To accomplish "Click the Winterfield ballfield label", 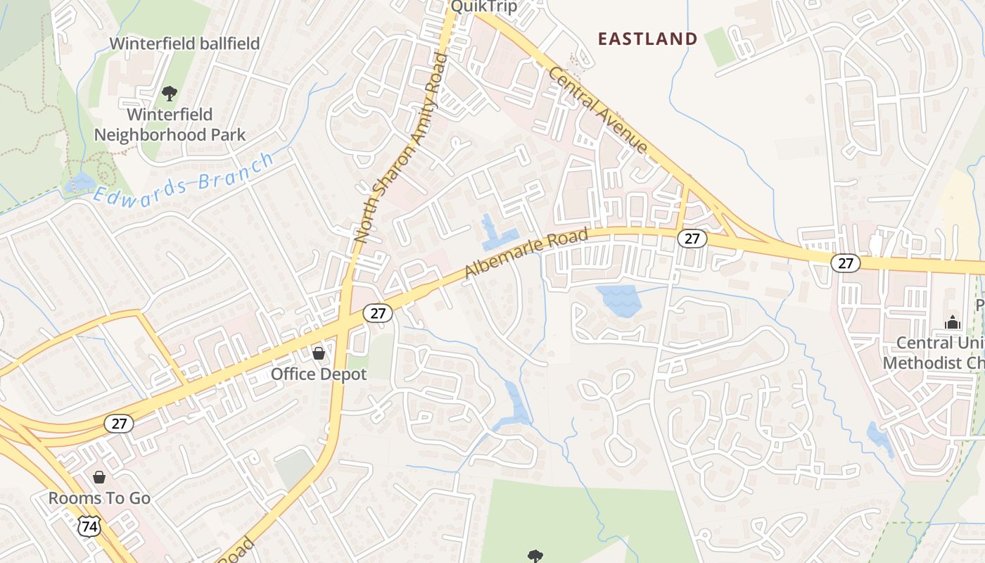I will [x=184, y=44].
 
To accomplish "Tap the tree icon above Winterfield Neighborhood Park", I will [x=169, y=92].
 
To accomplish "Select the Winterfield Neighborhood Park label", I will [x=170, y=125].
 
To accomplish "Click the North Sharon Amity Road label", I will [x=401, y=148].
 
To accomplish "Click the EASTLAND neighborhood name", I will [x=647, y=39].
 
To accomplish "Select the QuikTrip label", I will [x=483, y=7].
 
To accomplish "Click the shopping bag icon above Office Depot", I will [x=319, y=353].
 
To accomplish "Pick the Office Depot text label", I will [x=319, y=374].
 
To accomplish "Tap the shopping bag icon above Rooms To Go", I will [x=99, y=477].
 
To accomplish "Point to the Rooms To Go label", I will [x=99, y=498].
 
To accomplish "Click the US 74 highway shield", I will [x=89, y=526].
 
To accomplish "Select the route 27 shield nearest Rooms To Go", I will [x=119, y=424].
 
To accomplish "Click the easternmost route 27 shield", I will [x=845, y=263].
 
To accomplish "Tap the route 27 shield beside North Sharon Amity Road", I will [x=378, y=313].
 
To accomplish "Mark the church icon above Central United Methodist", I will [x=953, y=322].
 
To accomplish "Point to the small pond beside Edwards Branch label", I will [x=79, y=182].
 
